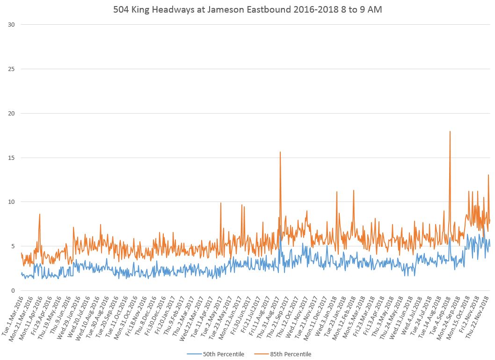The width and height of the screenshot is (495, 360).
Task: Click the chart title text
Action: (x=247, y=9)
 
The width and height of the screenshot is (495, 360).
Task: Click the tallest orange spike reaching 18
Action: (x=450, y=132)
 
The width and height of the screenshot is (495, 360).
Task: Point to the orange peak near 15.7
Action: (x=280, y=152)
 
